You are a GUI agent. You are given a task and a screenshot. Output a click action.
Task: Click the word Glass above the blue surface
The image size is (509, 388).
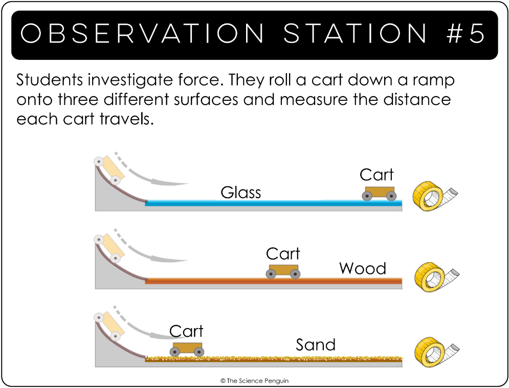(x=240, y=192)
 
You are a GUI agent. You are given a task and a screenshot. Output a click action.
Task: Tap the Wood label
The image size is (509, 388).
(x=363, y=269)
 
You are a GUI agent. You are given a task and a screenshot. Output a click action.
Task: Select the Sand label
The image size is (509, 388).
(x=316, y=345)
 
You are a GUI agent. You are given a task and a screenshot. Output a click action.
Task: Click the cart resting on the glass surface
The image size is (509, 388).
(x=379, y=193)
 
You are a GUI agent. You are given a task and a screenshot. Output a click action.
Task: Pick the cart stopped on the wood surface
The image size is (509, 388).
(x=283, y=271)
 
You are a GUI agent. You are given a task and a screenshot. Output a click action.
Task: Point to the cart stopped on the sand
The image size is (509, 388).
(x=187, y=350)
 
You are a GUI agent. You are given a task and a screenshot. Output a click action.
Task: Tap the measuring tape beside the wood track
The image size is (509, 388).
(x=436, y=276)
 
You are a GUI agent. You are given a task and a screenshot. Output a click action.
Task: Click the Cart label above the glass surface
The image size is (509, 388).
(x=377, y=175)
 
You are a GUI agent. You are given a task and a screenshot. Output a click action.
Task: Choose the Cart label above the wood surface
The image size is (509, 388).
(x=283, y=253)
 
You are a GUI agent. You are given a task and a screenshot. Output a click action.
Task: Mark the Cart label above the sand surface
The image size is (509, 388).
(x=186, y=331)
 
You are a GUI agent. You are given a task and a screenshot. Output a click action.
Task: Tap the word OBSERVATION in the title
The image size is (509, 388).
(x=142, y=33)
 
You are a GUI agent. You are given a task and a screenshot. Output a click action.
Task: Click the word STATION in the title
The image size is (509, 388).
(x=356, y=33)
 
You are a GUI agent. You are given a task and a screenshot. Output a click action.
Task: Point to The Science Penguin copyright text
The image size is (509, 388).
(x=255, y=381)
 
